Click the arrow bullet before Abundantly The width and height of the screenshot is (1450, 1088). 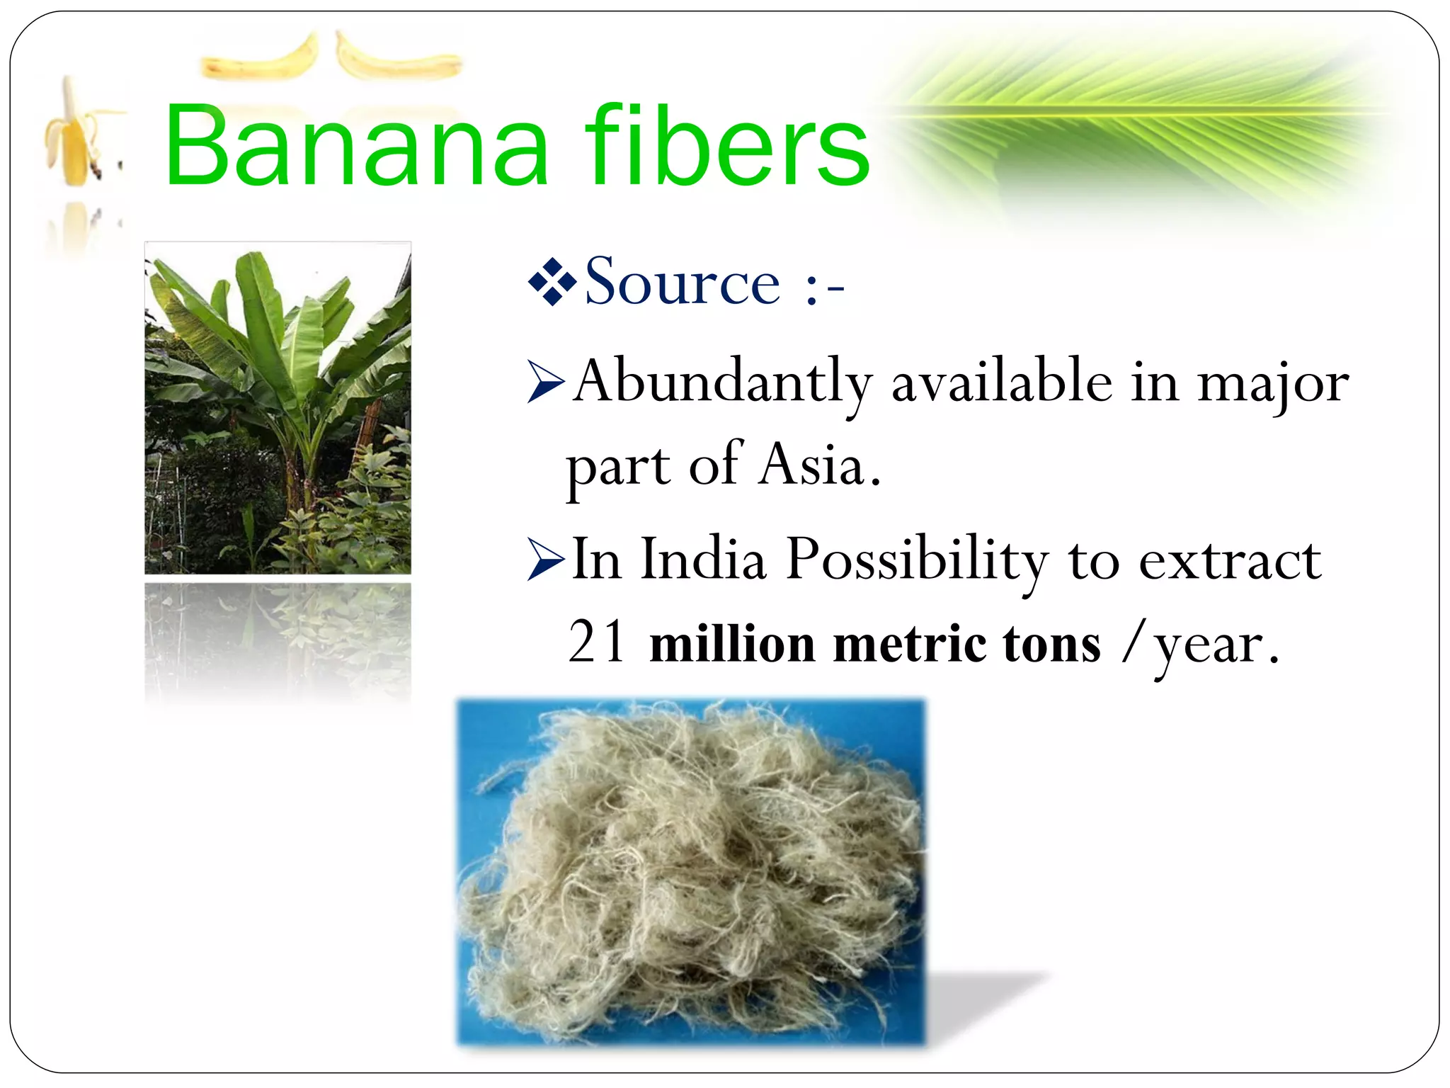[545, 383]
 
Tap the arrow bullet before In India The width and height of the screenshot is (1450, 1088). [545, 560]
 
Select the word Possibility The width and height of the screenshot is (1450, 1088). [917, 560]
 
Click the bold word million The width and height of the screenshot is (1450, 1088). [732, 644]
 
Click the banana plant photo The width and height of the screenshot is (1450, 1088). [278, 408]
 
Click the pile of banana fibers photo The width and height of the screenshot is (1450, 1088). [690, 871]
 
